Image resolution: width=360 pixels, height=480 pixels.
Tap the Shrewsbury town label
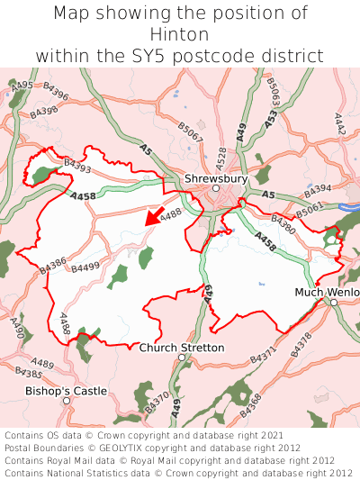click(x=215, y=178)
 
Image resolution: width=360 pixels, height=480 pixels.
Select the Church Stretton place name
click(x=182, y=348)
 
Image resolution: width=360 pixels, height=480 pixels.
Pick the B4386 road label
click(x=54, y=266)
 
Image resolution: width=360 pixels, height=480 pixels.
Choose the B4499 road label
click(x=85, y=267)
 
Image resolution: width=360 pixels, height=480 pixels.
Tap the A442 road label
click(x=340, y=123)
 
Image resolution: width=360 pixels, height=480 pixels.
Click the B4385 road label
click(x=29, y=373)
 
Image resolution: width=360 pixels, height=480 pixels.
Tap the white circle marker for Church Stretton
click(x=181, y=358)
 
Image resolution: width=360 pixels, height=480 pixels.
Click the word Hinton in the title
click(x=180, y=34)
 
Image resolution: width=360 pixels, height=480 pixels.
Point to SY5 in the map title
click(x=174, y=56)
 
